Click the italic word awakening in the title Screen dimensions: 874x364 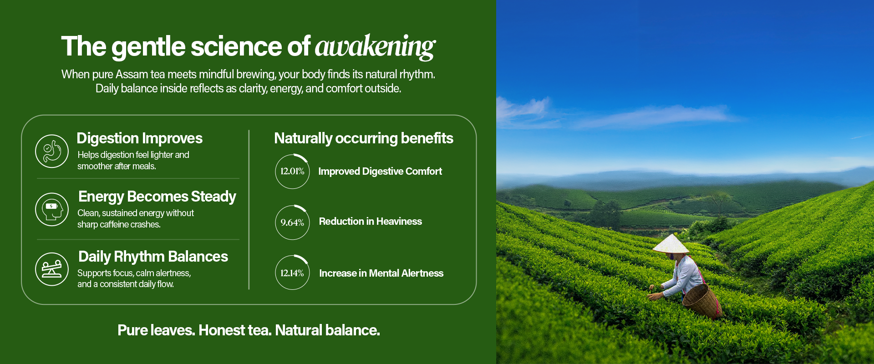375,47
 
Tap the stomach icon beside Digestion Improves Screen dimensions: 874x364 52,151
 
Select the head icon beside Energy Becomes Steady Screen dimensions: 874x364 52,209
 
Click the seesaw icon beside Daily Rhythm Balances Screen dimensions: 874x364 52,269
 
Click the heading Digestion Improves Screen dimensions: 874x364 139,138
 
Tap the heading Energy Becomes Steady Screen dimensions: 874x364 157,197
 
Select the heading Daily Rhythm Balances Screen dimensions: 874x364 153,257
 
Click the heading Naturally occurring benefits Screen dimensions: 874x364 364,138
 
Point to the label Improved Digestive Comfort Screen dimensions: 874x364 380,172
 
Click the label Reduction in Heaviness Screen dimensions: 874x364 370,222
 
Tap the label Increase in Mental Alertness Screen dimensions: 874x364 381,273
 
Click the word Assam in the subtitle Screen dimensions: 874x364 132,74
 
